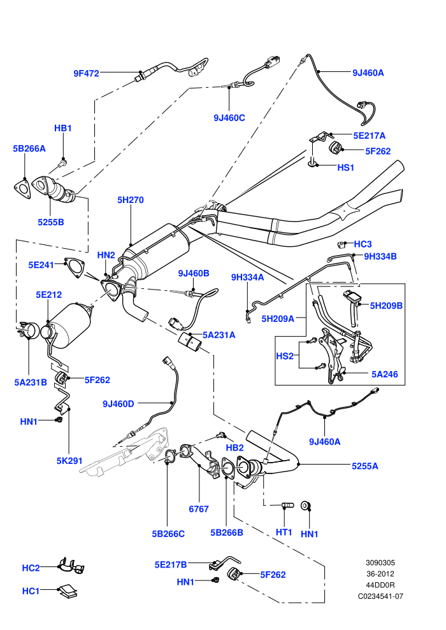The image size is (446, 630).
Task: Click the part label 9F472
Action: (x=86, y=73)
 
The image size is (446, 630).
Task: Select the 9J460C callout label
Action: (x=229, y=118)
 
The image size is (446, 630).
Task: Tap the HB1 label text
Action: (x=62, y=128)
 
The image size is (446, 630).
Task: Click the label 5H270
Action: (x=131, y=200)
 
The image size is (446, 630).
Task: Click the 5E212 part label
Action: (x=48, y=295)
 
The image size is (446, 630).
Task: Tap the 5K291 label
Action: (x=69, y=461)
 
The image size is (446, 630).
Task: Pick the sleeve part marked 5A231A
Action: (x=190, y=343)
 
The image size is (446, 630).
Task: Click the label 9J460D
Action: (x=119, y=404)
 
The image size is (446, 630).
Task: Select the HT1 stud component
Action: (x=287, y=505)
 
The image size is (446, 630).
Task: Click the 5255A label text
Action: (x=364, y=466)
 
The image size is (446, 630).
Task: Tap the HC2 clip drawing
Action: (x=71, y=566)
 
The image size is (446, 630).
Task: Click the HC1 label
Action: (x=31, y=591)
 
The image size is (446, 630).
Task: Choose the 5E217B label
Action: (x=171, y=564)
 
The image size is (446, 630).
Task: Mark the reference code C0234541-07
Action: (x=380, y=596)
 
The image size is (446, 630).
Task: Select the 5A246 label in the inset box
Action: (x=384, y=374)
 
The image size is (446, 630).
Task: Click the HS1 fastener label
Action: (x=345, y=167)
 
